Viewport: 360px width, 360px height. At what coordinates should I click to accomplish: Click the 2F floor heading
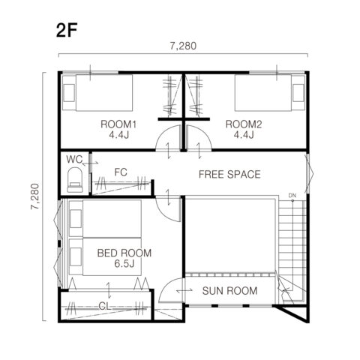pyautogui.click(x=67, y=31)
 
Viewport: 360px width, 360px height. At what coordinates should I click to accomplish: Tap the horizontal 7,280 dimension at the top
pyautogui.click(x=183, y=46)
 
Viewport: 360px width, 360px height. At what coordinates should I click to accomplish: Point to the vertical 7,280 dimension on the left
pyautogui.click(x=35, y=196)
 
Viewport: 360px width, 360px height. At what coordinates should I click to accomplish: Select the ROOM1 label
pyautogui.click(x=118, y=124)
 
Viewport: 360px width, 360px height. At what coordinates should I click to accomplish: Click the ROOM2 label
pyautogui.click(x=244, y=124)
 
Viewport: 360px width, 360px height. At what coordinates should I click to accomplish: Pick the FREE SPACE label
pyautogui.click(x=229, y=174)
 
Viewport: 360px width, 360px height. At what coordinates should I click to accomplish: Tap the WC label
pyautogui.click(x=74, y=159)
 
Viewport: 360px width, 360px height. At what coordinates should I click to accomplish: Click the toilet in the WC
pyautogui.click(x=75, y=180)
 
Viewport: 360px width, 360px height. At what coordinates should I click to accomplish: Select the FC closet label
pyautogui.click(x=121, y=172)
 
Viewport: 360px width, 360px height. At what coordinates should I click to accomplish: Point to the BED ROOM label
pyautogui.click(x=124, y=253)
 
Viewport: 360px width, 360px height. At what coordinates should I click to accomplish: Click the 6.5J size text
pyautogui.click(x=124, y=263)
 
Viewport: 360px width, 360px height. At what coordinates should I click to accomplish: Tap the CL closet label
pyautogui.click(x=105, y=306)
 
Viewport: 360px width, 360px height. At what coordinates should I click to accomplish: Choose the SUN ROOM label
pyautogui.click(x=229, y=291)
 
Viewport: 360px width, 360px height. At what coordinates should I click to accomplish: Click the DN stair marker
pyautogui.click(x=292, y=195)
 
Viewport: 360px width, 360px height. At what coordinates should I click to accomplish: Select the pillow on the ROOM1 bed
pyautogui.click(x=69, y=93)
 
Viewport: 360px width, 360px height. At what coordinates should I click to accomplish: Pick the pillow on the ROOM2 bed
pyautogui.click(x=298, y=93)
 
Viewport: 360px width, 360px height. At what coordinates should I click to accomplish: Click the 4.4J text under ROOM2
pyautogui.click(x=244, y=135)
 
